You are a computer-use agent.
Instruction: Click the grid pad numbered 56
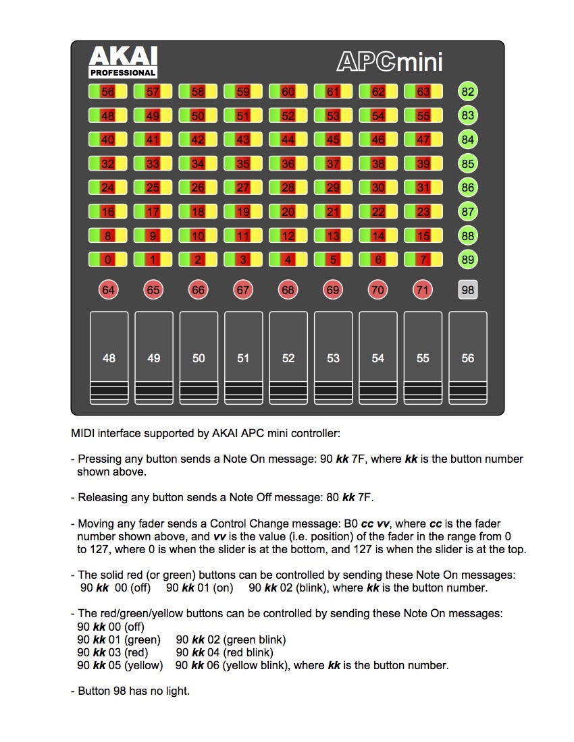(108, 92)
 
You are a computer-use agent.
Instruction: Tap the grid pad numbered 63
(423, 92)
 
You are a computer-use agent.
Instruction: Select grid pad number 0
(108, 260)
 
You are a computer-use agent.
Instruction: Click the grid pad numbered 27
(243, 188)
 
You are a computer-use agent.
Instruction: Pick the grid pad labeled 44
(288, 140)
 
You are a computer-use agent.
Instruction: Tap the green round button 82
(467, 92)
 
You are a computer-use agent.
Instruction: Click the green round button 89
(467, 260)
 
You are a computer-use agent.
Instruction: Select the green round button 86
(467, 188)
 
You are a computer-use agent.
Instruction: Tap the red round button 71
(423, 291)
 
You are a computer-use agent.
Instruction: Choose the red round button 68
(288, 291)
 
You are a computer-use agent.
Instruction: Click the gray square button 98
(467, 291)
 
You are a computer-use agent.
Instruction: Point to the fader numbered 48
(109, 358)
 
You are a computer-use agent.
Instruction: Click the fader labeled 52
(288, 358)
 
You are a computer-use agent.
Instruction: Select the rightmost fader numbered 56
(468, 358)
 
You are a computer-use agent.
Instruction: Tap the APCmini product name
(390, 62)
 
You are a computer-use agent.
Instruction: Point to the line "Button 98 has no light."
(133, 691)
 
